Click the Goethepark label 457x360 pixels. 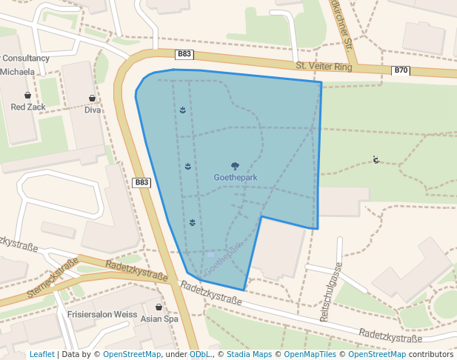pos(235,178)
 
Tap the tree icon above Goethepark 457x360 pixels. pos(235,166)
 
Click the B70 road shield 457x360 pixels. pos(401,70)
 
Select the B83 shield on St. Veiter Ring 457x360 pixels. pos(184,54)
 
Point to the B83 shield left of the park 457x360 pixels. pos(141,182)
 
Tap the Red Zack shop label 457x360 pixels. pos(28,107)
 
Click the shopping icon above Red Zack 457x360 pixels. pos(28,95)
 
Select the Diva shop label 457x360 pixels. pos(93,110)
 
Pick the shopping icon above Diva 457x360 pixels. pos(93,98)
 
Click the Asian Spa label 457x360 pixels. pos(161,319)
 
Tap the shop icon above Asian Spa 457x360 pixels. pos(159,307)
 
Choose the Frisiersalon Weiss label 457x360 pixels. pos(102,314)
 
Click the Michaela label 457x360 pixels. pos(18,72)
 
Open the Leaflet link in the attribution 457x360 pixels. pos(41,354)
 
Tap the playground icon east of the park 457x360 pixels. pos(376,159)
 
